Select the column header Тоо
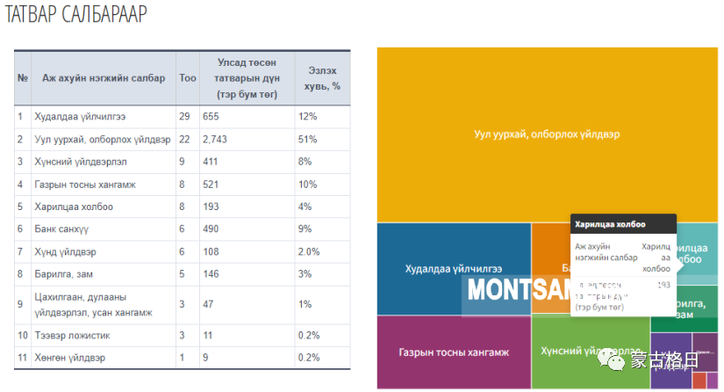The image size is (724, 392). pyautogui.click(x=187, y=78)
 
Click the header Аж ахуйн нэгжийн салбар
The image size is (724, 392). pyautogui.click(x=104, y=78)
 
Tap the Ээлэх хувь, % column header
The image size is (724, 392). pyautogui.click(x=322, y=78)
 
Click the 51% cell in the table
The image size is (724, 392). pyautogui.click(x=308, y=139)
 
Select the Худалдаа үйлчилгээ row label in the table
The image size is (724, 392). pyautogui.click(x=80, y=116)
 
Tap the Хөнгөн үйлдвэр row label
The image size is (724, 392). pyautogui.click(x=69, y=359)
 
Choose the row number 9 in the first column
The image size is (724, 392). pyautogui.click(x=21, y=304)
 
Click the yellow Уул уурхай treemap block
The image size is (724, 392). pyautogui.click(x=547, y=134)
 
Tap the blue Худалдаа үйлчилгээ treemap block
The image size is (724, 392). pyautogui.click(x=454, y=269)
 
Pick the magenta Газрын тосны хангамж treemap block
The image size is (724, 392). pyautogui.click(x=454, y=352)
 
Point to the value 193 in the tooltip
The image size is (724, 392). pyautogui.click(x=663, y=286)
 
